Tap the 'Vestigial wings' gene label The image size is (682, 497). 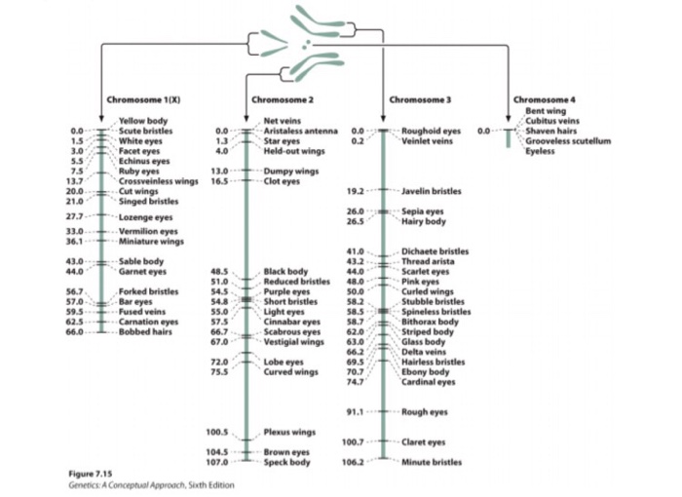point(293,342)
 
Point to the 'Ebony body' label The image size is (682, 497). point(426,371)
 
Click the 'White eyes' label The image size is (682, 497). point(139,140)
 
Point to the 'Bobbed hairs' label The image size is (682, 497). point(146,331)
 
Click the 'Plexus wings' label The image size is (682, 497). point(289,432)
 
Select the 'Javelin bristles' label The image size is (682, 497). point(431,191)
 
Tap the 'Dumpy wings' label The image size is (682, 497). point(290,171)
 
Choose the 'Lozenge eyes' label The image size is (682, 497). point(145,216)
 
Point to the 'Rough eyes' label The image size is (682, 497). point(424,411)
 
